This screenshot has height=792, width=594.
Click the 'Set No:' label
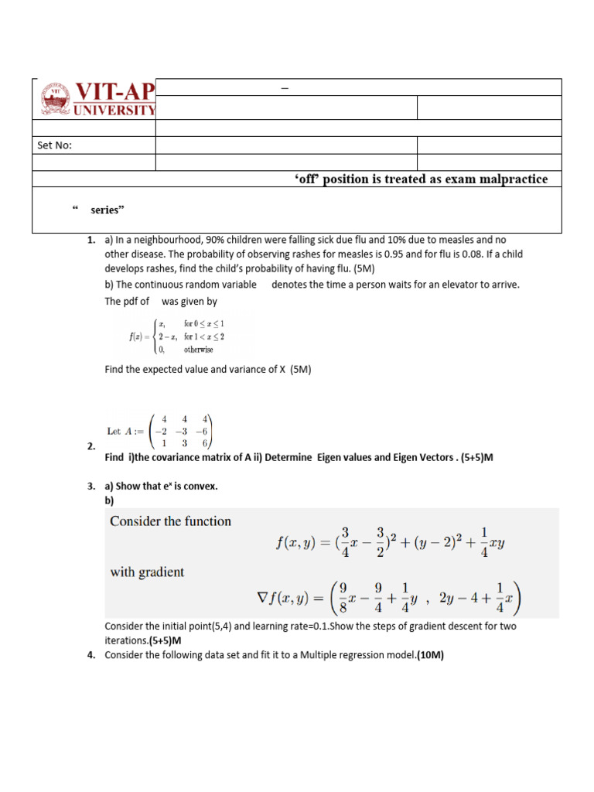click(x=55, y=145)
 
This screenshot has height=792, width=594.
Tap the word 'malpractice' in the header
click(x=513, y=179)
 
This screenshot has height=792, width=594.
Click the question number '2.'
click(x=91, y=446)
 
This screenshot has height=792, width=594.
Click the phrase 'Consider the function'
click(x=170, y=521)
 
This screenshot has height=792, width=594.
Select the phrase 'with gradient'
click(x=147, y=572)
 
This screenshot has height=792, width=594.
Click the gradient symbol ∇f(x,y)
click(x=288, y=598)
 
